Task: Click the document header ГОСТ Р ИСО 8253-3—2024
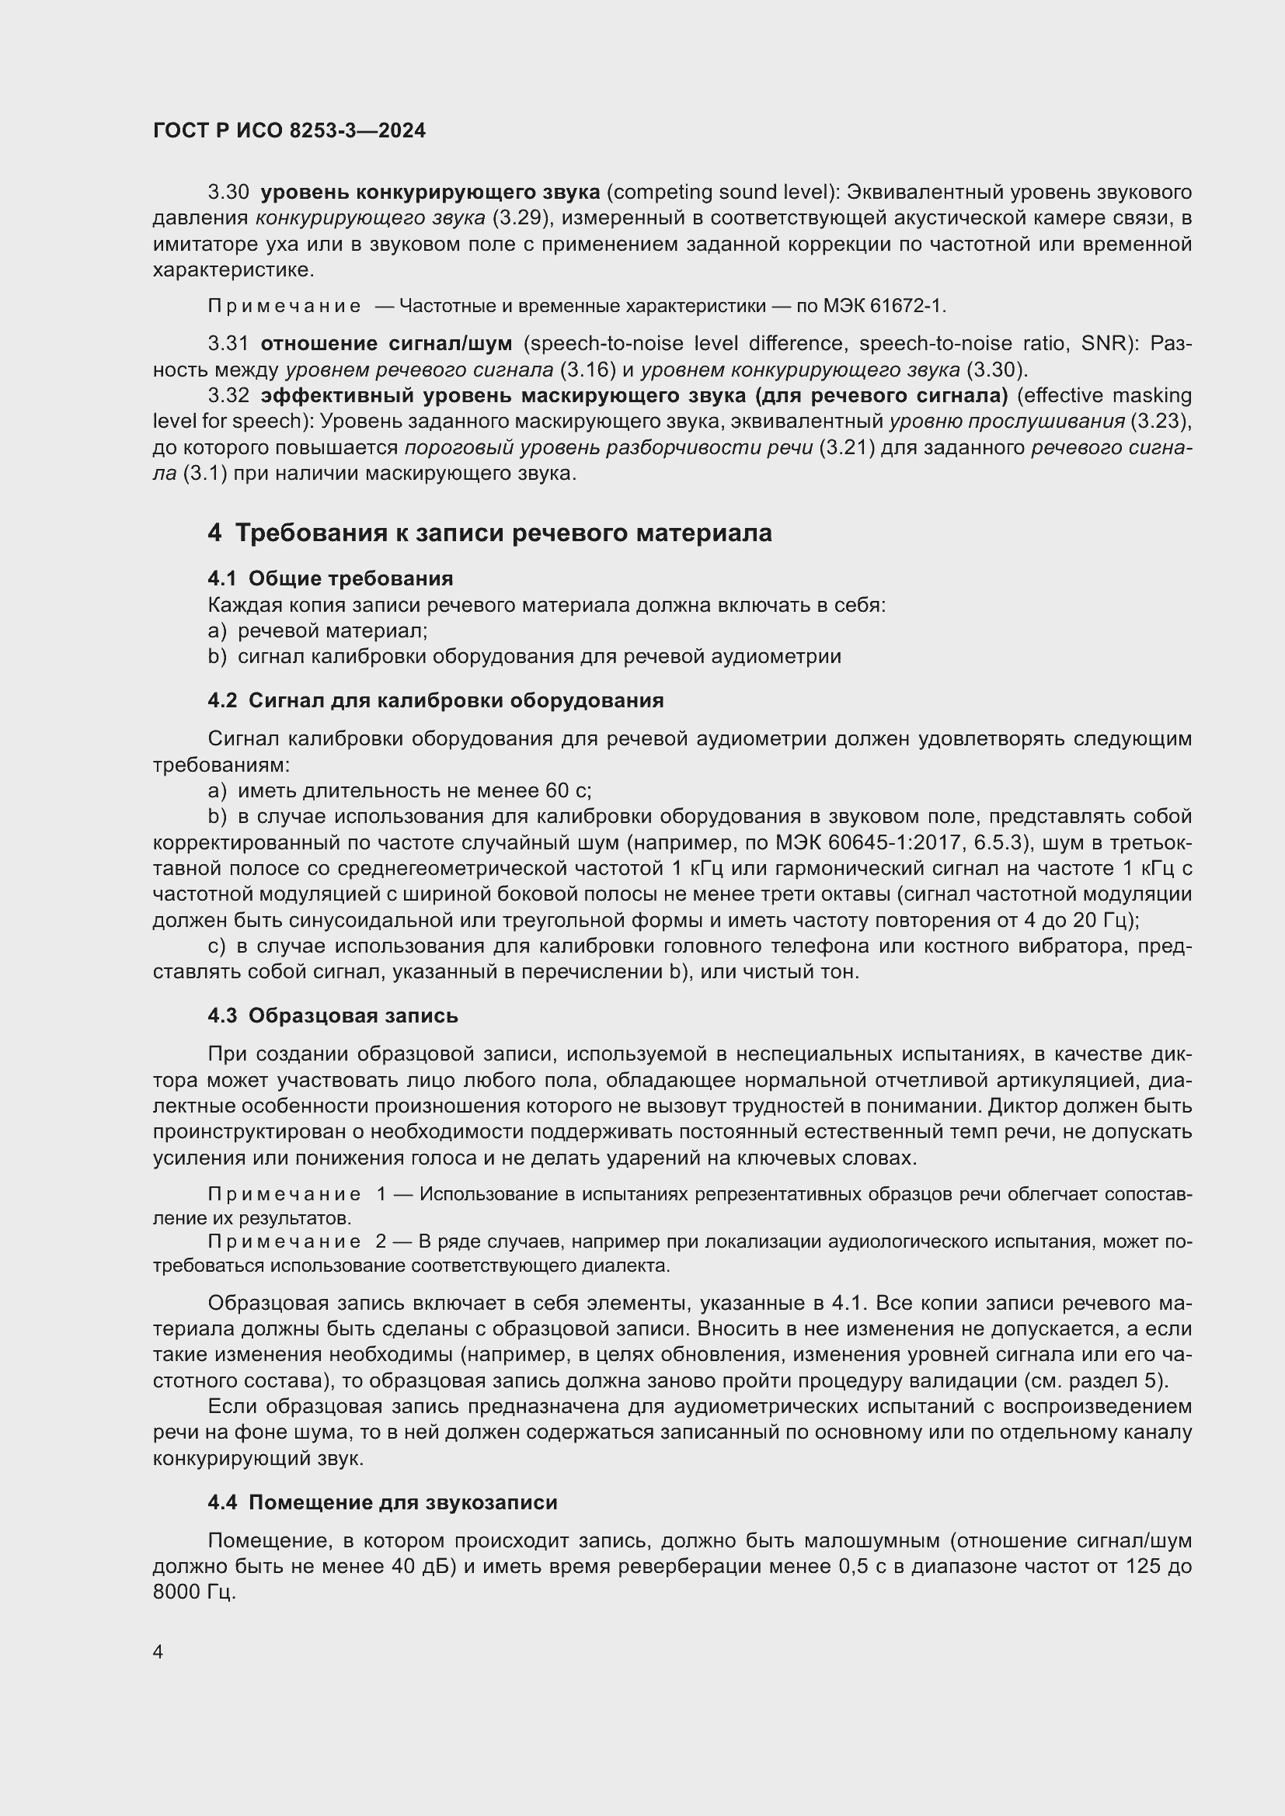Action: click(x=289, y=131)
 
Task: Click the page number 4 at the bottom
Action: click(x=158, y=1651)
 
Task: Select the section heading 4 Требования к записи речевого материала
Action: click(x=489, y=533)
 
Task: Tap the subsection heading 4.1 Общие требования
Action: click(x=330, y=579)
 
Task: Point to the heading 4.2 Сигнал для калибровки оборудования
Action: click(x=435, y=701)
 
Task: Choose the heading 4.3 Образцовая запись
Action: click(x=333, y=1016)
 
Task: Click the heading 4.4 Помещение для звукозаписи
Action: click(x=382, y=1503)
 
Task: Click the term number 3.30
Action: click(x=228, y=193)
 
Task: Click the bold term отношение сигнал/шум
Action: click(x=386, y=344)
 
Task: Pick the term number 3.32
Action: click(x=228, y=395)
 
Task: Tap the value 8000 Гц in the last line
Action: click(x=194, y=1592)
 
